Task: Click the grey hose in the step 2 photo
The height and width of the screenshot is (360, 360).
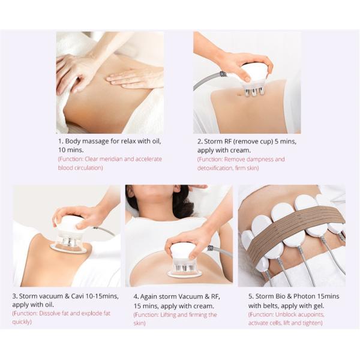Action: [x=207, y=81]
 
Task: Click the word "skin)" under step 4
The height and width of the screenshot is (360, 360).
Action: [x=140, y=323]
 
